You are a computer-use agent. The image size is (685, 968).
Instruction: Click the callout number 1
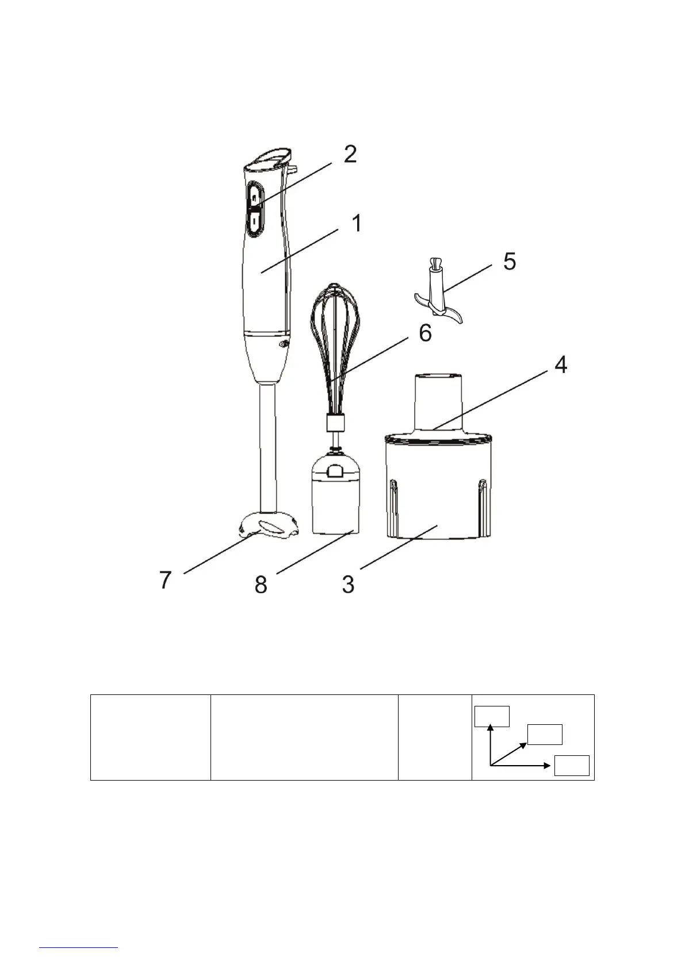coord(357,223)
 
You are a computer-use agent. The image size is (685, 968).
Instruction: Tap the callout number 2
coord(350,154)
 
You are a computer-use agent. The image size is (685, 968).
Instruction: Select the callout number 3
coord(348,584)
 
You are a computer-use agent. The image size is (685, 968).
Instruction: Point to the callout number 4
coord(560,365)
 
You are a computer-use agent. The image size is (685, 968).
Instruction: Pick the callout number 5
coord(510,262)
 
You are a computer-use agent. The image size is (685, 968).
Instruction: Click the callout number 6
coord(426,333)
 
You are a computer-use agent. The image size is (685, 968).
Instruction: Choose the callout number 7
coord(166,580)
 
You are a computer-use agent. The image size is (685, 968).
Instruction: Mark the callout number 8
coord(261,585)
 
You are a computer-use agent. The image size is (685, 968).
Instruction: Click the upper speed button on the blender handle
coord(255,197)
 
